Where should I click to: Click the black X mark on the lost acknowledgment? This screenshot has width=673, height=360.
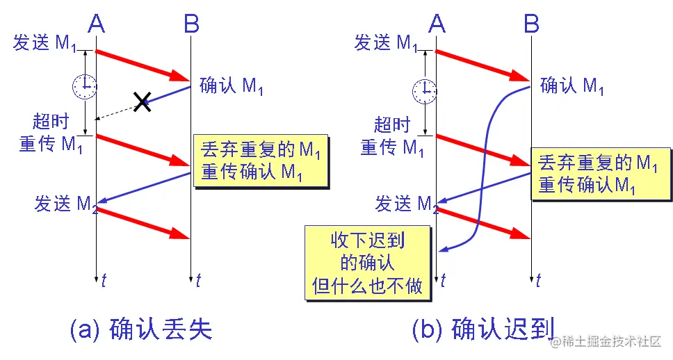142,102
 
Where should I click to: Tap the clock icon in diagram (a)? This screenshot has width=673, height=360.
84,86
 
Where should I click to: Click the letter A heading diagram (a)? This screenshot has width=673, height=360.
97,25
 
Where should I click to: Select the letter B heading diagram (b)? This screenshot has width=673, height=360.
531,25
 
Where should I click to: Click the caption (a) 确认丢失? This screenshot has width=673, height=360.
141,329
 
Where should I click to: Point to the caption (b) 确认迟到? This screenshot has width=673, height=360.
482,329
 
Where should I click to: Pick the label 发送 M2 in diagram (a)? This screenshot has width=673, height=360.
64,204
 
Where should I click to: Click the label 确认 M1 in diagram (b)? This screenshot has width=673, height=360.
571,85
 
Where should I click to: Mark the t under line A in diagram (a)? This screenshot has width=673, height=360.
104,281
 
